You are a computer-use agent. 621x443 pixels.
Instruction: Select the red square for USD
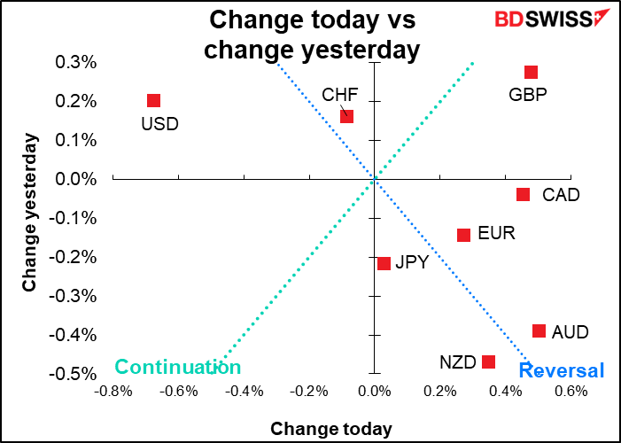153,101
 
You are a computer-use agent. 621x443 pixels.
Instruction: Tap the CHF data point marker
347,117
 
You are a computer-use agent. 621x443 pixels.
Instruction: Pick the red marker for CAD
523,195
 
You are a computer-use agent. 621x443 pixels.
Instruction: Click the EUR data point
463,235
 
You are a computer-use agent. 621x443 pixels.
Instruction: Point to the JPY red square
384,263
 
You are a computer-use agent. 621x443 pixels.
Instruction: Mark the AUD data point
539,330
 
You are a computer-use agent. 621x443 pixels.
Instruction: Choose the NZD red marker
488,361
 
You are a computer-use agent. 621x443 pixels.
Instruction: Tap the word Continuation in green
178,368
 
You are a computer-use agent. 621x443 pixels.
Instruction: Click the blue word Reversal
561,370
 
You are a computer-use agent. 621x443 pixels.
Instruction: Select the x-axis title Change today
330,429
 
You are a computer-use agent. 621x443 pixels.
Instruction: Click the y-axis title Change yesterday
30,213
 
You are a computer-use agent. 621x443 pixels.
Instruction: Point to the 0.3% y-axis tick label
77,62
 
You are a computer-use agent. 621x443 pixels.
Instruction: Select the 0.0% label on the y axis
77,179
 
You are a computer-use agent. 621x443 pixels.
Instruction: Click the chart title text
311,34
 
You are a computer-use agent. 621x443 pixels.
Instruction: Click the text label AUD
570,332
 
